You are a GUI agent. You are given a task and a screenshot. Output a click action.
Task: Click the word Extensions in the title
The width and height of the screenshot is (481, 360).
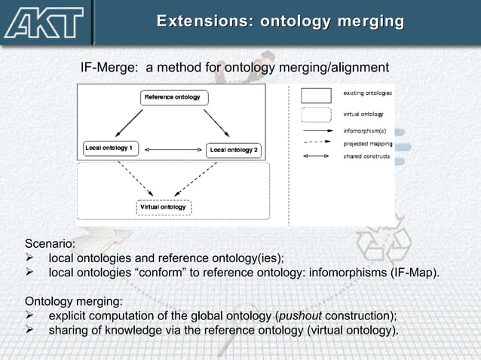pos(200,22)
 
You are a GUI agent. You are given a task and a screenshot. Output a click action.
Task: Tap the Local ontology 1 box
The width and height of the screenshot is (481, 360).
pos(111,148)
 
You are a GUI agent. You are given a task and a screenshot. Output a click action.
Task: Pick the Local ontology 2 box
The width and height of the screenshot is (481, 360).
pos(234,150)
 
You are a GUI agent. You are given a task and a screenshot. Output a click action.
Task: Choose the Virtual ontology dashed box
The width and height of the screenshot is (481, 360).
pos(164,207)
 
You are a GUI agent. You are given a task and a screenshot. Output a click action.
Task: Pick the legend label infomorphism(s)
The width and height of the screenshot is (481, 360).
pos(365,130)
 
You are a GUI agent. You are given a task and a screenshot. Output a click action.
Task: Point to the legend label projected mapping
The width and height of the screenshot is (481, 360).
pos(367,143)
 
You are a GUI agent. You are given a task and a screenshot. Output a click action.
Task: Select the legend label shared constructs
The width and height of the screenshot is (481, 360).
pos(367,157)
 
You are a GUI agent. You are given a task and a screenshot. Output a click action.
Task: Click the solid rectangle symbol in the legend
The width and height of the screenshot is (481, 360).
pos(316,95)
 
